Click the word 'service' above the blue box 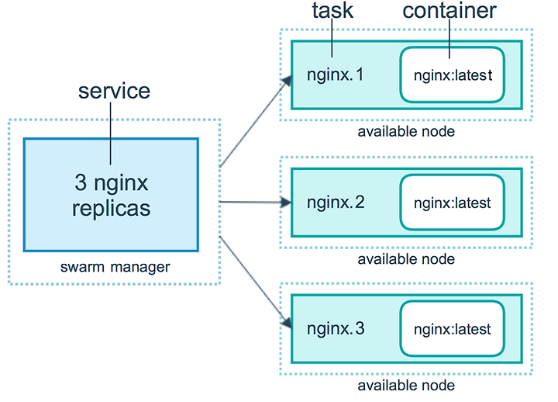coord(114,92)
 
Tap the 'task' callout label coord(332,10)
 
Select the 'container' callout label coord(449,10)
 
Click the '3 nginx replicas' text coord(112,196)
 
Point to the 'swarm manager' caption coord(115,267)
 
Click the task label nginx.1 coord(336,75)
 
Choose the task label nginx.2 coord(336,203)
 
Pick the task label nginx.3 coord(336,328)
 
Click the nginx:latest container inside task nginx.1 coord(452,75)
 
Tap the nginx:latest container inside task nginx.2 coord(452,202)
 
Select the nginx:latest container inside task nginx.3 coord(452,328)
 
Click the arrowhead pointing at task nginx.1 coord(287,81)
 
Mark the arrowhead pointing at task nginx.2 coord(285,203)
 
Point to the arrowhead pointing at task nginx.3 coord(287,322)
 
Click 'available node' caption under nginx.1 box coord(406,132)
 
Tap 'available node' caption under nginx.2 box coord(406,259)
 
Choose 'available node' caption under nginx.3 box coord(406,385)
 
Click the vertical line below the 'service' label coord(110,133)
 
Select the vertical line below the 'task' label coord(332,38)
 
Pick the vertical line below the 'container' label coord(449,39)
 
